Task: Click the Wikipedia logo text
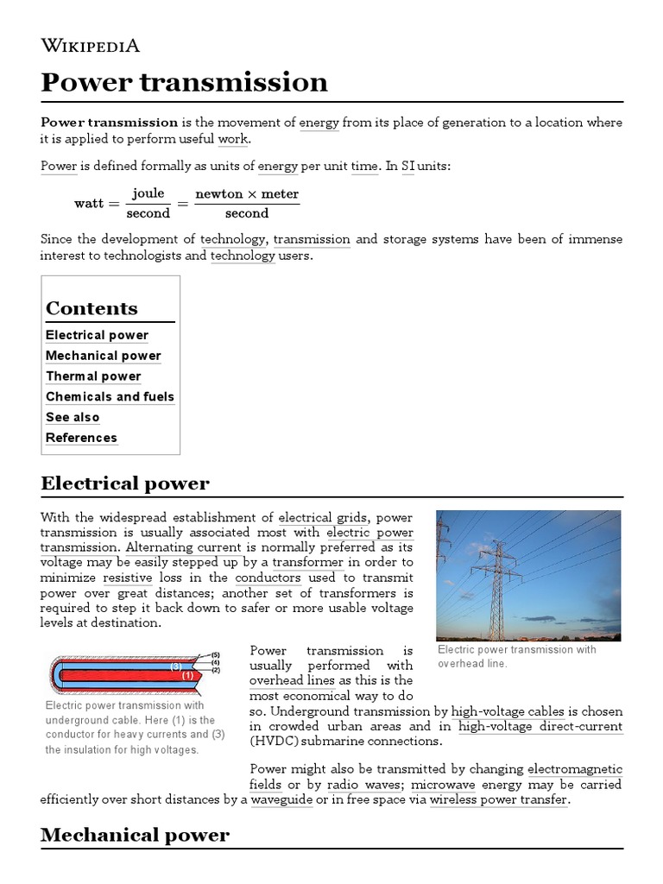(90, 46)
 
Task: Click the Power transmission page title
(184, 82)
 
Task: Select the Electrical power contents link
(97, 335)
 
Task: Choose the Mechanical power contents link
(103, 356)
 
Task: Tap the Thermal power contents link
(93, 376)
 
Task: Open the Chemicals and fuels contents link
(110, 397)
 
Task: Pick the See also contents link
(73, 418)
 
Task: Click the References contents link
(81, 439)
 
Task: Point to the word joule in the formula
(148, 193)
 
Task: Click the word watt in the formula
(89, 204)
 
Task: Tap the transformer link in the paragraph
(309, 563)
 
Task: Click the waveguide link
(281, 799)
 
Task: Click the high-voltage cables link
(508, 711)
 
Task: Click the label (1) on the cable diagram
(187, 676)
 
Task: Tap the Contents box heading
(92, 308)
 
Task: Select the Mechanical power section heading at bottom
(135, 835)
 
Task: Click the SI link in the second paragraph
(407, 167)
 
